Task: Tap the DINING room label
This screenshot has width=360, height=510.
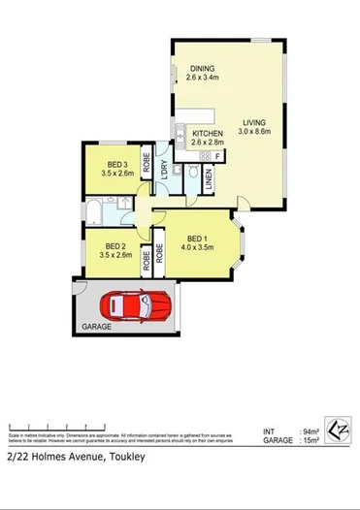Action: pyautogui.click(x=202, y=69)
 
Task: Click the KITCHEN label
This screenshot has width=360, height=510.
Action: pyautogui.click(x=208, y=133)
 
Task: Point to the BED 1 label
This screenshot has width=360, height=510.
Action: pyautogui.click(x=197, y=239)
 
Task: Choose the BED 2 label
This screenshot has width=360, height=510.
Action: pyautogui.click(x=115, y=246)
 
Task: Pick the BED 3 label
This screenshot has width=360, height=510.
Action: pyautogui.click(x=115, y=165)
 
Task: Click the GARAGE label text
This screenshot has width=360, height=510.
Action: pyautogui.click(x=96, y=327)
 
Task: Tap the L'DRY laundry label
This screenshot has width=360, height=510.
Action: pyautogui.click(x=165, y=168)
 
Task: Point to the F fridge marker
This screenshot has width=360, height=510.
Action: pyautogui.click(x=217, y=156)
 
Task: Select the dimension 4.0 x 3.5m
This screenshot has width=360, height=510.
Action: pyautogui.click(x=197, y=248)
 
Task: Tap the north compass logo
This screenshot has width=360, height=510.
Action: pyautogui.click(x=339, y=430)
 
